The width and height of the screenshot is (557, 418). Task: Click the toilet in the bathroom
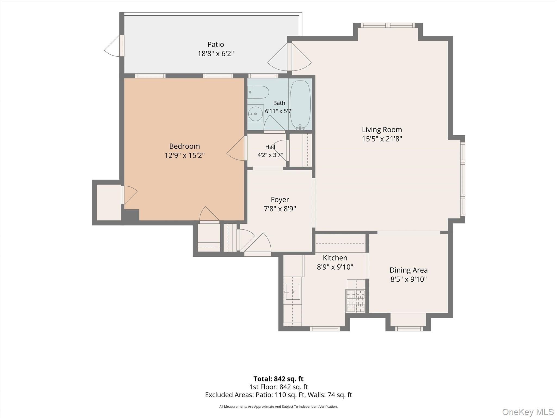coord(258,92)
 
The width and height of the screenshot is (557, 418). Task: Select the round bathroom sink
coord(255,114)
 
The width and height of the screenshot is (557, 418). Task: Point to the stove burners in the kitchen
coord(355,301)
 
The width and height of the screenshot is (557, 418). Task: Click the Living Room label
coord(382,130)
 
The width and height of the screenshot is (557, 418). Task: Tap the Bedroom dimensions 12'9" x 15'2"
coord(184,155)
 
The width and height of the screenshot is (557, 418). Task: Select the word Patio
coord(216,44)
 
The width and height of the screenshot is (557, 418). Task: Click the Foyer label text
coord(280,200)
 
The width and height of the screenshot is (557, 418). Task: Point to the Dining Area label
coord(409,270)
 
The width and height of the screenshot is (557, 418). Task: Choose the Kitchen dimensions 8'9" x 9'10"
coord(335,267)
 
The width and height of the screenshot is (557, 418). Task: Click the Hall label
coord(270,147)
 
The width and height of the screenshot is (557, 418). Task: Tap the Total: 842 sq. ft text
coord(278,379)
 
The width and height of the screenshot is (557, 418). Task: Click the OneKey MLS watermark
coord(528,412)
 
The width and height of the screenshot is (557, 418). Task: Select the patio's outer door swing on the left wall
coord(112,46)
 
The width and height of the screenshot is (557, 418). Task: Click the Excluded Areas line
coord(278,395)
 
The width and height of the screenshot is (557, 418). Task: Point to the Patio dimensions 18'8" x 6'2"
coord(216,53)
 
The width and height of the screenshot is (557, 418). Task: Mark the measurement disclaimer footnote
coord(278,407)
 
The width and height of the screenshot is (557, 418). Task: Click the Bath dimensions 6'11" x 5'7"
coord(279,111)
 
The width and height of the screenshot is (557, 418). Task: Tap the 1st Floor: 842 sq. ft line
coord(278,387)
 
